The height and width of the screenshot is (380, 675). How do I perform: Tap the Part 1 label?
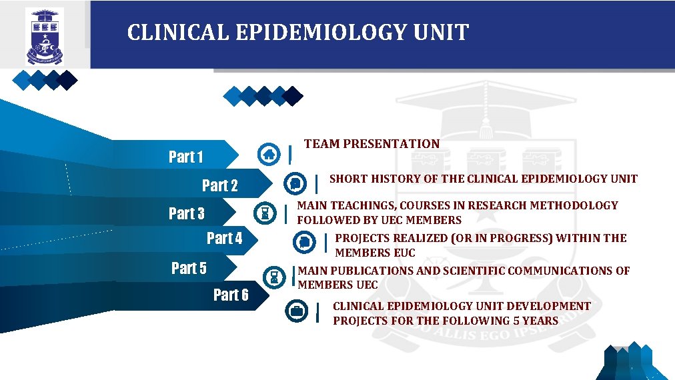[x=186, y=157]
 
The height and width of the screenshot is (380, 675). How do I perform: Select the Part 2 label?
[x=220, y=185]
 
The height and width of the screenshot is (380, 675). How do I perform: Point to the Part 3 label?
[x=187, y=214]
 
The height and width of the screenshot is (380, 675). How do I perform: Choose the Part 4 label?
[x=225, y=239]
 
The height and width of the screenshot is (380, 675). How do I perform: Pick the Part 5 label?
[x=189, y=268]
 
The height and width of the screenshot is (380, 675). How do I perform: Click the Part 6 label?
[x=231, y=295]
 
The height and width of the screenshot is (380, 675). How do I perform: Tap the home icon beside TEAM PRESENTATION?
[x=268, y=154]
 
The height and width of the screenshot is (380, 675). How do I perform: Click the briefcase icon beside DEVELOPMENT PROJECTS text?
[x=296, y=311]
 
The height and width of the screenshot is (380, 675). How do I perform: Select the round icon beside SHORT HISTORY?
[x=295, y=183]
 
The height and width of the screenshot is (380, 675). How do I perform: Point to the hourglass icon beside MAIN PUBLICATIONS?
[x=273, y=276]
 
